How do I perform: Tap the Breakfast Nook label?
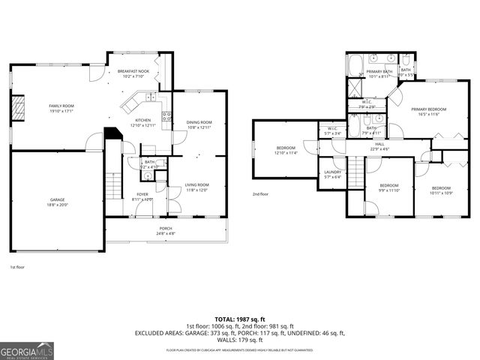(x=133, y=72)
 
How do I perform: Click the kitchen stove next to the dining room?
(x=166, y=116)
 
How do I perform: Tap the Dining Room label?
(x=199, y=122)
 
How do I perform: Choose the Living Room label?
(x=197, y=184)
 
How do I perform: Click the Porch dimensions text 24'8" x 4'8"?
(x=166, y=234)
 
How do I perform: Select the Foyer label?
(x=142, y=194)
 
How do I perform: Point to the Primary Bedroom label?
(x=428, y=109)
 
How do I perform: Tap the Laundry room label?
(x=333, y=172)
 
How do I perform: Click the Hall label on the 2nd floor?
(x=379, y=144)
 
